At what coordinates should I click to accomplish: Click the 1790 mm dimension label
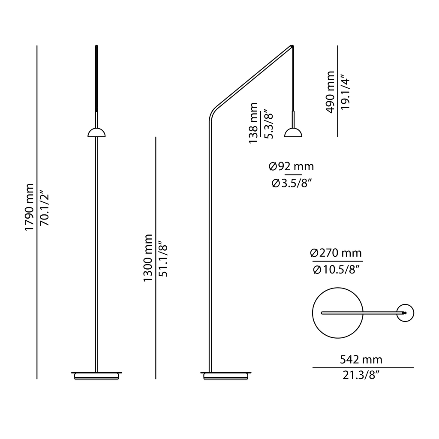click(29, 207)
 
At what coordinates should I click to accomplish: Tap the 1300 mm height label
click(148, 258)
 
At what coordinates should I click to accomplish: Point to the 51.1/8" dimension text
click(163, 258)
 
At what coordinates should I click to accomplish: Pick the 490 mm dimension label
click(331, 92)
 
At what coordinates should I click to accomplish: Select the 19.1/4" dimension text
click(345, 92)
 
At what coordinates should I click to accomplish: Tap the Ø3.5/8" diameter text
click(291, 183)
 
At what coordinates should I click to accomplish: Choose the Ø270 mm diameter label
click(337, 253)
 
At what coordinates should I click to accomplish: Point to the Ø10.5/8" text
click(337, 270)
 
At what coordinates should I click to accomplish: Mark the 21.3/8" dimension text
click(362, 376)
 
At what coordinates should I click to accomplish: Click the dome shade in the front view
click(97, 132)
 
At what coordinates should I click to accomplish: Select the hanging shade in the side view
click(294, 132)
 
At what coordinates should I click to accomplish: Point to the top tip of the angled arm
click(293, 45)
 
